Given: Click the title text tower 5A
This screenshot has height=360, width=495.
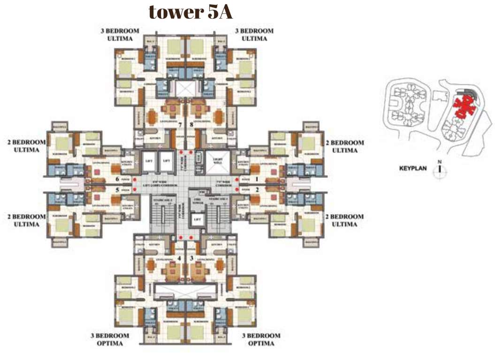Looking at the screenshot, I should click(190, 12).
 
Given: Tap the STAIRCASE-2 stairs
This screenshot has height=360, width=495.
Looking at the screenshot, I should click(160, 215).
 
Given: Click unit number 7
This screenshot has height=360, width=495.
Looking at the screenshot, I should click(180, 125).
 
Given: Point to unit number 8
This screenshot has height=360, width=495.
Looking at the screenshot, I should click(191, 125).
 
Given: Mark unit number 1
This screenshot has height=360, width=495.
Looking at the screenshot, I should click(257, 179).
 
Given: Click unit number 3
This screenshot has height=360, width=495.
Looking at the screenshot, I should click(191, 258).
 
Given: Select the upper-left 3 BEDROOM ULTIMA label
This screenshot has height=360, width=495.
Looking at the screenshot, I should click(120, 34).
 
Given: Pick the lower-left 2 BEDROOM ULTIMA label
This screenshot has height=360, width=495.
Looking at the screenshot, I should click(26, 220).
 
